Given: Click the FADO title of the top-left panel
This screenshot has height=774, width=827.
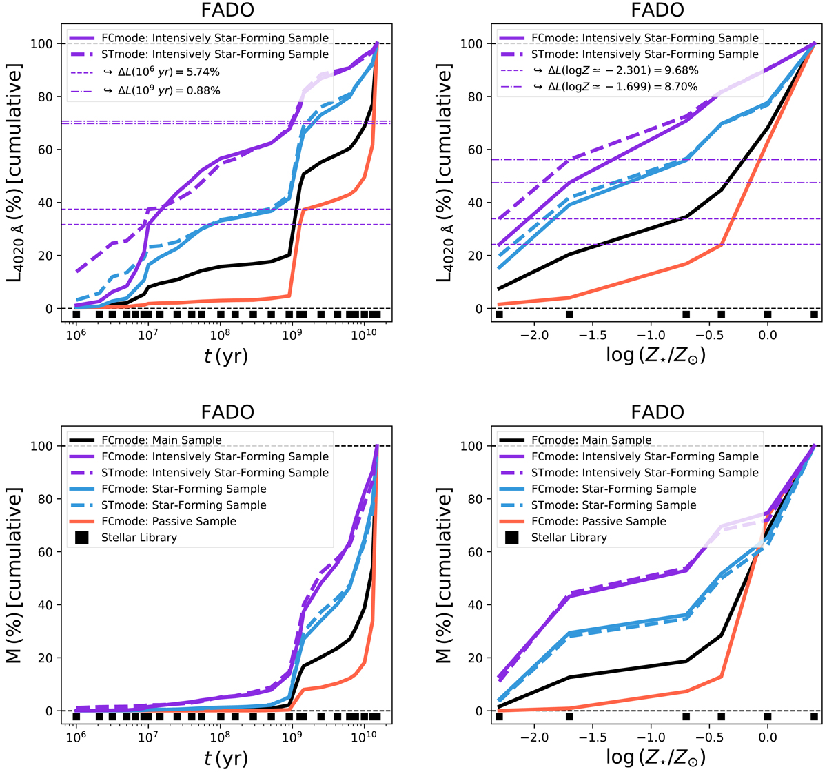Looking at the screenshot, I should [228, 10].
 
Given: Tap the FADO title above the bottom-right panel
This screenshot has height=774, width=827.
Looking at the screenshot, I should [658, 412].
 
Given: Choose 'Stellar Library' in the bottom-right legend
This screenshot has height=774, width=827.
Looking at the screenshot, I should [569, 538].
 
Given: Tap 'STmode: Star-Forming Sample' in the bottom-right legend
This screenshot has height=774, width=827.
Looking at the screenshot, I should [613, 505].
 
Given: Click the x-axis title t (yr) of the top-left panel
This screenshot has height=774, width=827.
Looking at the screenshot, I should [227, 356].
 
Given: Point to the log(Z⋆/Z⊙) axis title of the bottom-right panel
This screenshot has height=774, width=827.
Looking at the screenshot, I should [655, 757].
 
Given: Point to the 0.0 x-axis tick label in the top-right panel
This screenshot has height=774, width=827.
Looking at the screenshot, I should [767, 335].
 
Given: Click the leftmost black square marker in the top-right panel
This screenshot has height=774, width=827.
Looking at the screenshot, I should [499, 315].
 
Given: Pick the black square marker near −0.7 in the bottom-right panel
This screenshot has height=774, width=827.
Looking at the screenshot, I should [686, 717].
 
